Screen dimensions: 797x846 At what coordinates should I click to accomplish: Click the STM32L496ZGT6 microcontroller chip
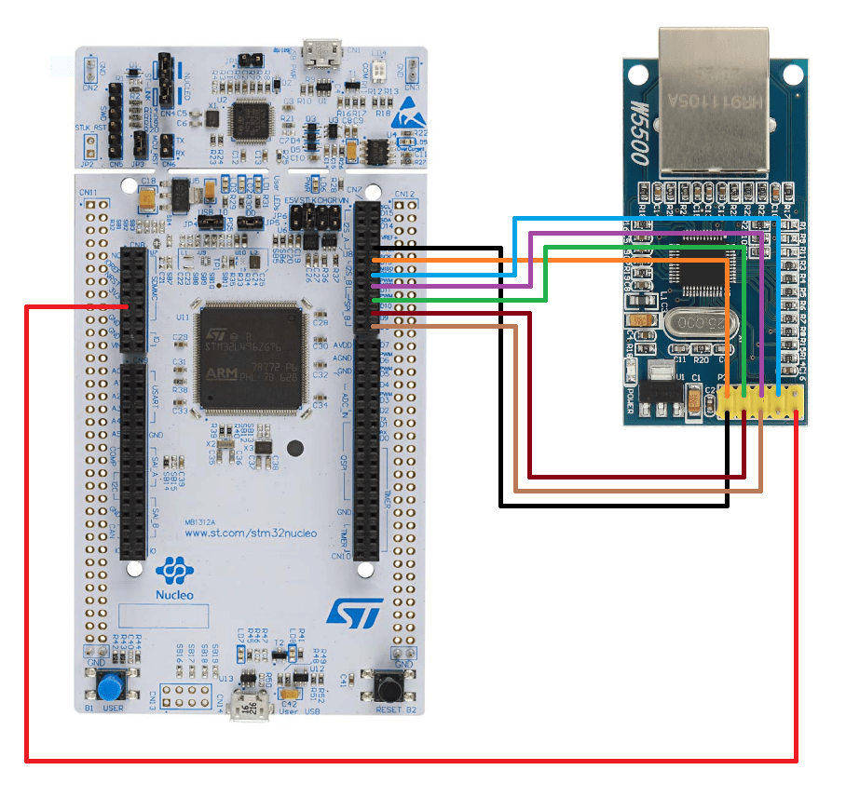tap(252, 358)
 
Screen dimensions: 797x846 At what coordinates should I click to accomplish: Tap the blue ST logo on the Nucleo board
tap(355, 612)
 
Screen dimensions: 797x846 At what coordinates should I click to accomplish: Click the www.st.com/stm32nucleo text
tap(250, 534)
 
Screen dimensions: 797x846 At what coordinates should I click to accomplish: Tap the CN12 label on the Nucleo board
tap(404, 194)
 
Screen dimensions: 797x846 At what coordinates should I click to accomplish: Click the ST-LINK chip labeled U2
tap(250, 118)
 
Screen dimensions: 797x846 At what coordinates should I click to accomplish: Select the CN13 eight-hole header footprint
tap(187, 696)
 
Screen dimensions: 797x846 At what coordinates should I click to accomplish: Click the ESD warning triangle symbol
tap(403, 115)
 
